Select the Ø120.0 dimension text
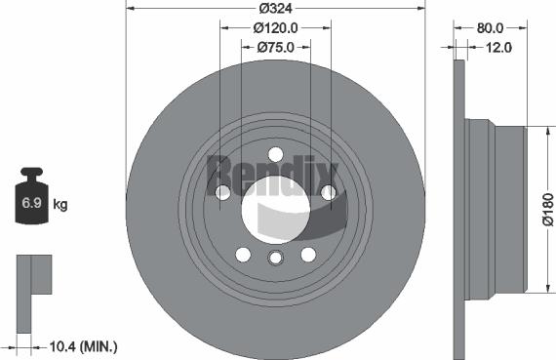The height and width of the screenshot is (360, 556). point(275,28)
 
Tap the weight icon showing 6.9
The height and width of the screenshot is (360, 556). point(31,201)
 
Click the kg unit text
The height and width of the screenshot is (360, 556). point(60,205)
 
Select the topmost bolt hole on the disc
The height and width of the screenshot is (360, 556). point(275,154)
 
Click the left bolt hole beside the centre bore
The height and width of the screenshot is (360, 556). point(222,193)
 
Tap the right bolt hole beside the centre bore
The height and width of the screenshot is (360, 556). point(329,193)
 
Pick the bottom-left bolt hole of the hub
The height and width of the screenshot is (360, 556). point(243,255)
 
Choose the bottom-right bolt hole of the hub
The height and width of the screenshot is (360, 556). point(308,255)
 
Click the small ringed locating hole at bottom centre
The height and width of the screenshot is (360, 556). point(275,258)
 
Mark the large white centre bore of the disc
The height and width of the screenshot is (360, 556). point(275,209)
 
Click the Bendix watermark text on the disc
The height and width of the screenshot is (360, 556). point(273,176)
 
